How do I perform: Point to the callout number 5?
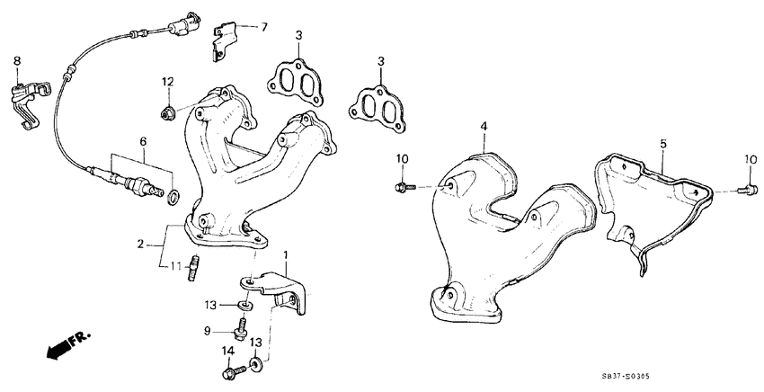662,143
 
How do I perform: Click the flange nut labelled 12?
167,113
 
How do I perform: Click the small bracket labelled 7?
222,41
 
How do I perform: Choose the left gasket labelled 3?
293,80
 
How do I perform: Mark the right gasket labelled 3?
378,102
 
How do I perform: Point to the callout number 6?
141,141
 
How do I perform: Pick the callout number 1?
287,256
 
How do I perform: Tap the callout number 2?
140,244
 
